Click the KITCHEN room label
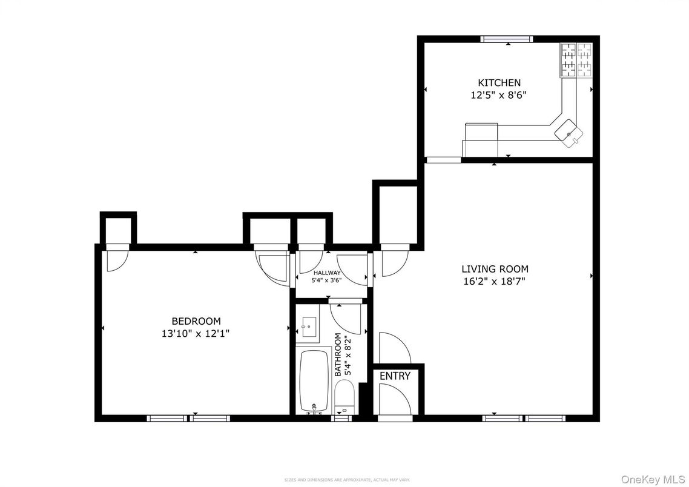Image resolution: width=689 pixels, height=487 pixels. pyautogui.click(x=499, y=82)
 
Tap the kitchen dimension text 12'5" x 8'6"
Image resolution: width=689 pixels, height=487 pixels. pyautogui.click(x=499, y=95)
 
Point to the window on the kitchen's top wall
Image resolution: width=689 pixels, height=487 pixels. pyautogui.click(x=506, y=39)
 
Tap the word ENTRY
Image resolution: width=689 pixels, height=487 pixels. pyautogui.click(x=395, y=376)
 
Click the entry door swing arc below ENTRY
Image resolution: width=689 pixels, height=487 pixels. pyautogui.click(x=394, y=400)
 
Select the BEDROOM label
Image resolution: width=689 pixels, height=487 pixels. pyautogui.click(x=196, y=321)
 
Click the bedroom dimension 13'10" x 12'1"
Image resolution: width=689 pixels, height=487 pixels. pyautogui.click(x=196, y=333)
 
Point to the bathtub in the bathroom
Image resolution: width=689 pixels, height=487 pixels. pyautogui.click(x=314, y=382)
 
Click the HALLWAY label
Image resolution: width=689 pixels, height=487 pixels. pyautogui.click(x=327, y=273)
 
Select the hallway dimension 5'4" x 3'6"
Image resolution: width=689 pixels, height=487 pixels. pyautogui.click(x=327, y=280)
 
